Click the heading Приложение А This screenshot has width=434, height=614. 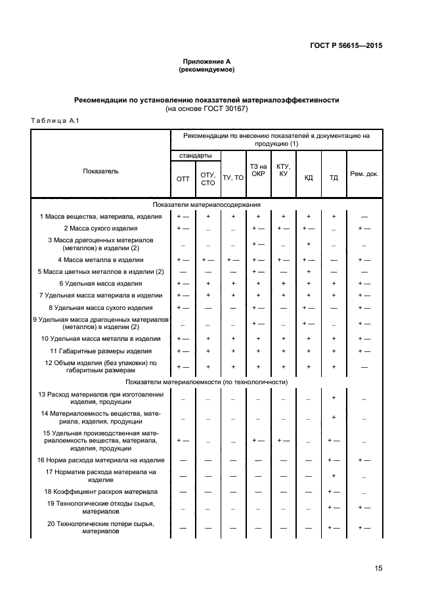206,60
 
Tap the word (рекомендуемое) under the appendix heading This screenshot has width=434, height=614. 206,69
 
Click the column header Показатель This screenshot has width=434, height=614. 100,171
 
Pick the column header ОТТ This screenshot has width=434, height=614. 183,178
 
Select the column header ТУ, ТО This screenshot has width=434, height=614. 233,178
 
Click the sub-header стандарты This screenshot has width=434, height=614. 195,156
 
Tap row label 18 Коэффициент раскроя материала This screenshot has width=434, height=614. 100,491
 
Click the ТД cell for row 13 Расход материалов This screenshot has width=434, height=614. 334,398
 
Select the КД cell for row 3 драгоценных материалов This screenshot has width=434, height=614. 308,244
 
